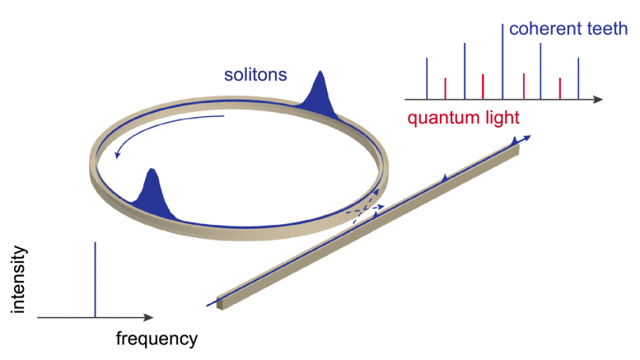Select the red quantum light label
click(462, 118)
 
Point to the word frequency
click(156, 339)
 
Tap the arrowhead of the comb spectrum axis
click(598, 99)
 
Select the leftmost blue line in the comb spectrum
click(427, 78)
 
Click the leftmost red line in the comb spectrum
click(446, 88)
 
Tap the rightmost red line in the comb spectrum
click(560, 88)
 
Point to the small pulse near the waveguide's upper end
click(515, 143)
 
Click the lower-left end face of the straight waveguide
click(220, 302)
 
